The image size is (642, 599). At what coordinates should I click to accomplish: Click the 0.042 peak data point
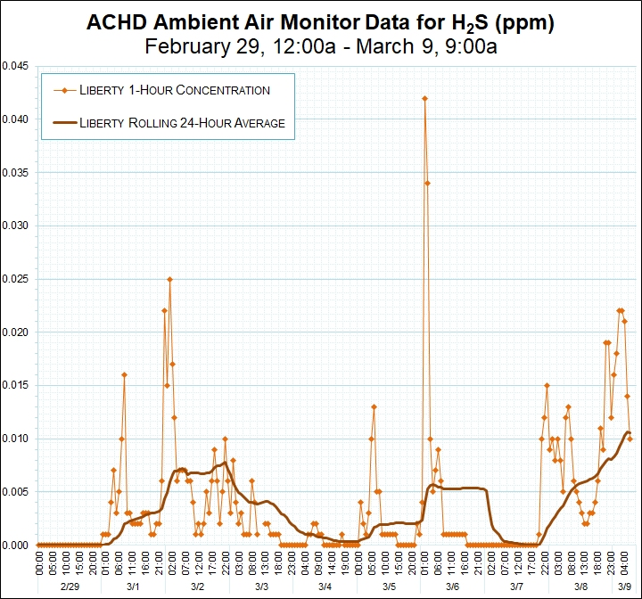click(424, 99)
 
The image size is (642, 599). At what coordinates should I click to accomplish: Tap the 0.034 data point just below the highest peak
click(427, 184)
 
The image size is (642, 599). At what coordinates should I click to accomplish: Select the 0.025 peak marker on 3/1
click(169, 279)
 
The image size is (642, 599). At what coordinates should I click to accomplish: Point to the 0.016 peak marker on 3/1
click(124, 374)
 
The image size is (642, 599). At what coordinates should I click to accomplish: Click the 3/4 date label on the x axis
click(325, 587)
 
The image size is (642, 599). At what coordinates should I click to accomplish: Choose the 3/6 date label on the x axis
click(453, 587)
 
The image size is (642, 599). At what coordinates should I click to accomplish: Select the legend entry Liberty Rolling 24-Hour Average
click(182, 123)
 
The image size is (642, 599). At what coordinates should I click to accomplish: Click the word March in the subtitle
click(383, 46)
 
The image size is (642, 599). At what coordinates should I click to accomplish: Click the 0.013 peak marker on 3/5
click(374, 406)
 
